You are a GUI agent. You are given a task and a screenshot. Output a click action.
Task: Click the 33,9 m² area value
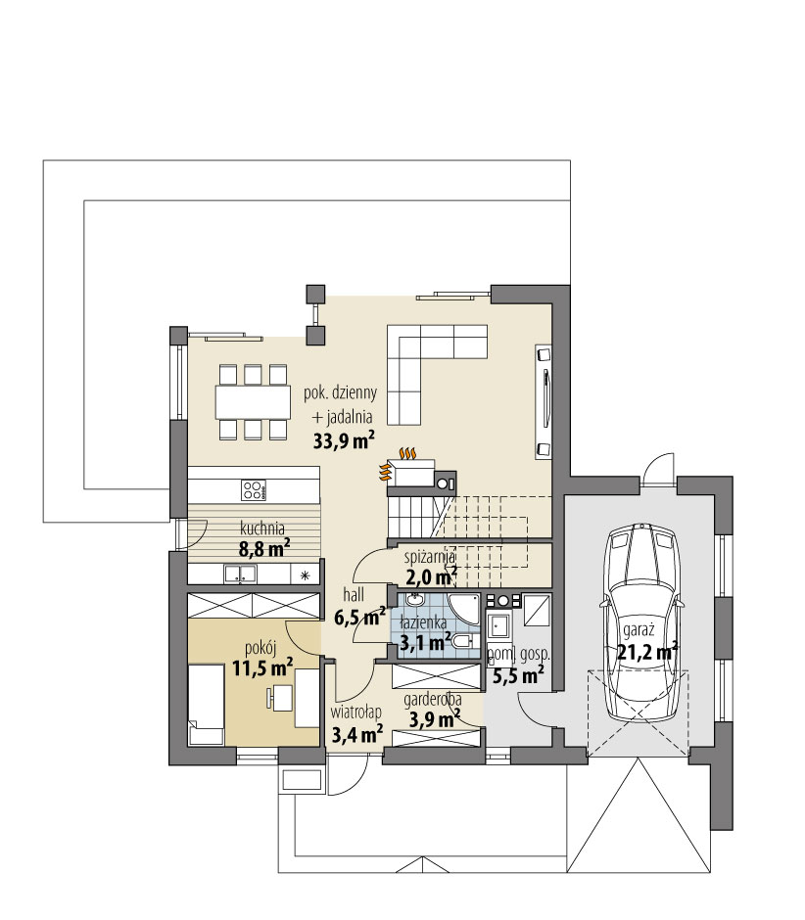(x=344, y=441)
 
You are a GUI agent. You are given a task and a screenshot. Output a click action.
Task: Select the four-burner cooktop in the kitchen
(x=253, y=489)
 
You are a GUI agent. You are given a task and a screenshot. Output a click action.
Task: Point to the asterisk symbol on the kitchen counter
(x=305, y=575)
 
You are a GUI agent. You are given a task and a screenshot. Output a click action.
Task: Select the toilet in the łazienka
(x=463, y=640)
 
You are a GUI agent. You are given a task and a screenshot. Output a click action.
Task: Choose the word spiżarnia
(x=430, y=556)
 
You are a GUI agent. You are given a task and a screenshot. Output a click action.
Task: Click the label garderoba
(x=432, y=701)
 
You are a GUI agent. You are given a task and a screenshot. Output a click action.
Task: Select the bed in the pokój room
(x=207, y=705)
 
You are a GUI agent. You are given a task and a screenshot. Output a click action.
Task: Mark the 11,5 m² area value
(x=262, y=669)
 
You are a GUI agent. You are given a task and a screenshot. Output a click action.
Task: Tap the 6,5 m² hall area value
(x=359, y=618)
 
